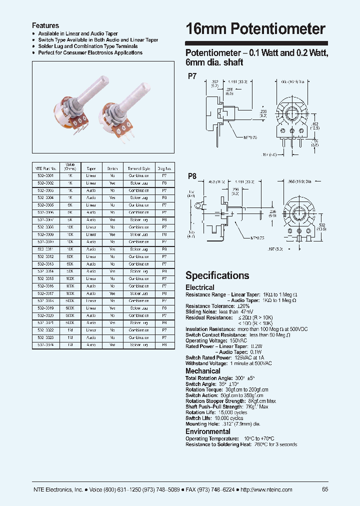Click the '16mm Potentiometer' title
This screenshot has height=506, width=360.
(x=255, y=29)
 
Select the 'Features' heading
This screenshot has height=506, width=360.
(x=45, y=25)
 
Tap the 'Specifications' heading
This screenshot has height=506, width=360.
(x=217, y=275)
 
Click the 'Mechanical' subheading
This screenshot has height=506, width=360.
(x=203, y=371)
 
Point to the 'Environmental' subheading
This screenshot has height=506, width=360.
(x=208, y=431)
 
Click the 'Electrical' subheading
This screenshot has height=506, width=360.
(x=200, y=287)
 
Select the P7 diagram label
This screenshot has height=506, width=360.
(x=192, y=76)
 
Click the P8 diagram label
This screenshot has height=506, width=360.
(x=192, y=176)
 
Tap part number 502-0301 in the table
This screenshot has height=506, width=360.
(x=45, y=176)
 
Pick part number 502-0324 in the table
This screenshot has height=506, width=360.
(x=45, y=345)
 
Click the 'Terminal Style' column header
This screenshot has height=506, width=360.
(x=138, y=169)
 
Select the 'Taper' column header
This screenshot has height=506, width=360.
(x=91, y=169)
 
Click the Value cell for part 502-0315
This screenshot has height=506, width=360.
(x=70, y=278)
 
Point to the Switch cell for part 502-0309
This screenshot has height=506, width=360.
(x=112, y=234)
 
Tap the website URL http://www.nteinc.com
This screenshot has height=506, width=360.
(x=267, y=489)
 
